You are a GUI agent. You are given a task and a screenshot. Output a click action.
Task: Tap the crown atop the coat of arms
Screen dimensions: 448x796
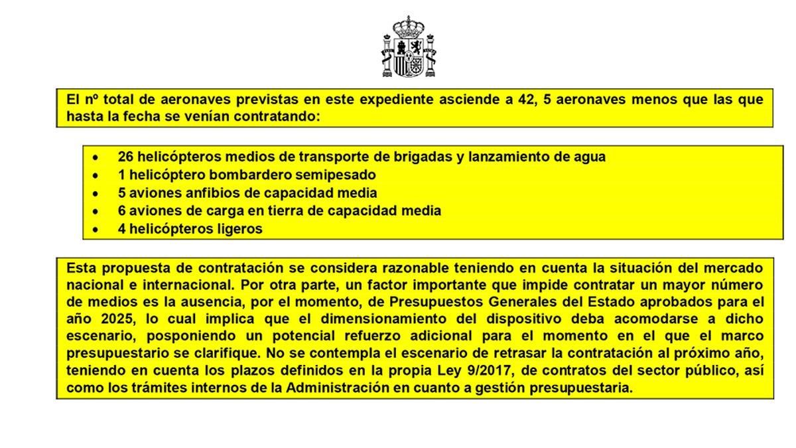pyautogui.click(x=409, y=27)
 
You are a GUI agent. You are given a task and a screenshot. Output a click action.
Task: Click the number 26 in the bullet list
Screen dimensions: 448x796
pyautogui.click(x=125, y=157)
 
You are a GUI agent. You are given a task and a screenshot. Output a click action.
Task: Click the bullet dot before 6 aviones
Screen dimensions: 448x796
pyautogui.click(x=97, y=211)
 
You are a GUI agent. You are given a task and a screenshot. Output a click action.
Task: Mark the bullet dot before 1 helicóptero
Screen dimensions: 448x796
pyautogui.click(x=97, y=175)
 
